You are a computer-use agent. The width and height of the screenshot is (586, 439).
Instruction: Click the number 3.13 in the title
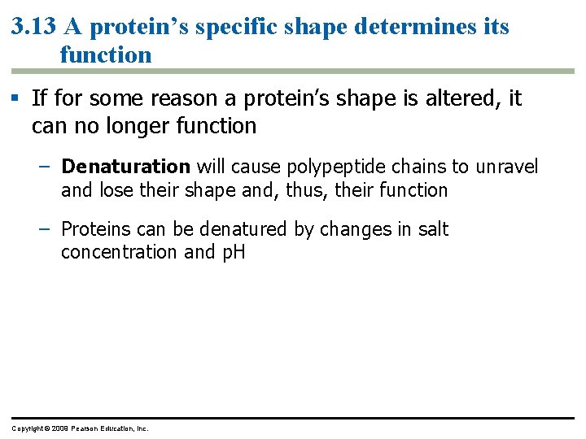coord(33,27)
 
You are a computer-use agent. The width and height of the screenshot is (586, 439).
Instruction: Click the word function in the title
coord(106,55)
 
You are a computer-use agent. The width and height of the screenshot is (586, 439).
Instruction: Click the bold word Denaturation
coord(125,167)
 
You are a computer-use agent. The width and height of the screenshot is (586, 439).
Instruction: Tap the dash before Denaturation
coord(46,167)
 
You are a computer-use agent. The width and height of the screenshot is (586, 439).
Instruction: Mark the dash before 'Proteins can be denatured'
coord(46,229)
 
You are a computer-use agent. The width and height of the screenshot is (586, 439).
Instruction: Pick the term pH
coord(233,253)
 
